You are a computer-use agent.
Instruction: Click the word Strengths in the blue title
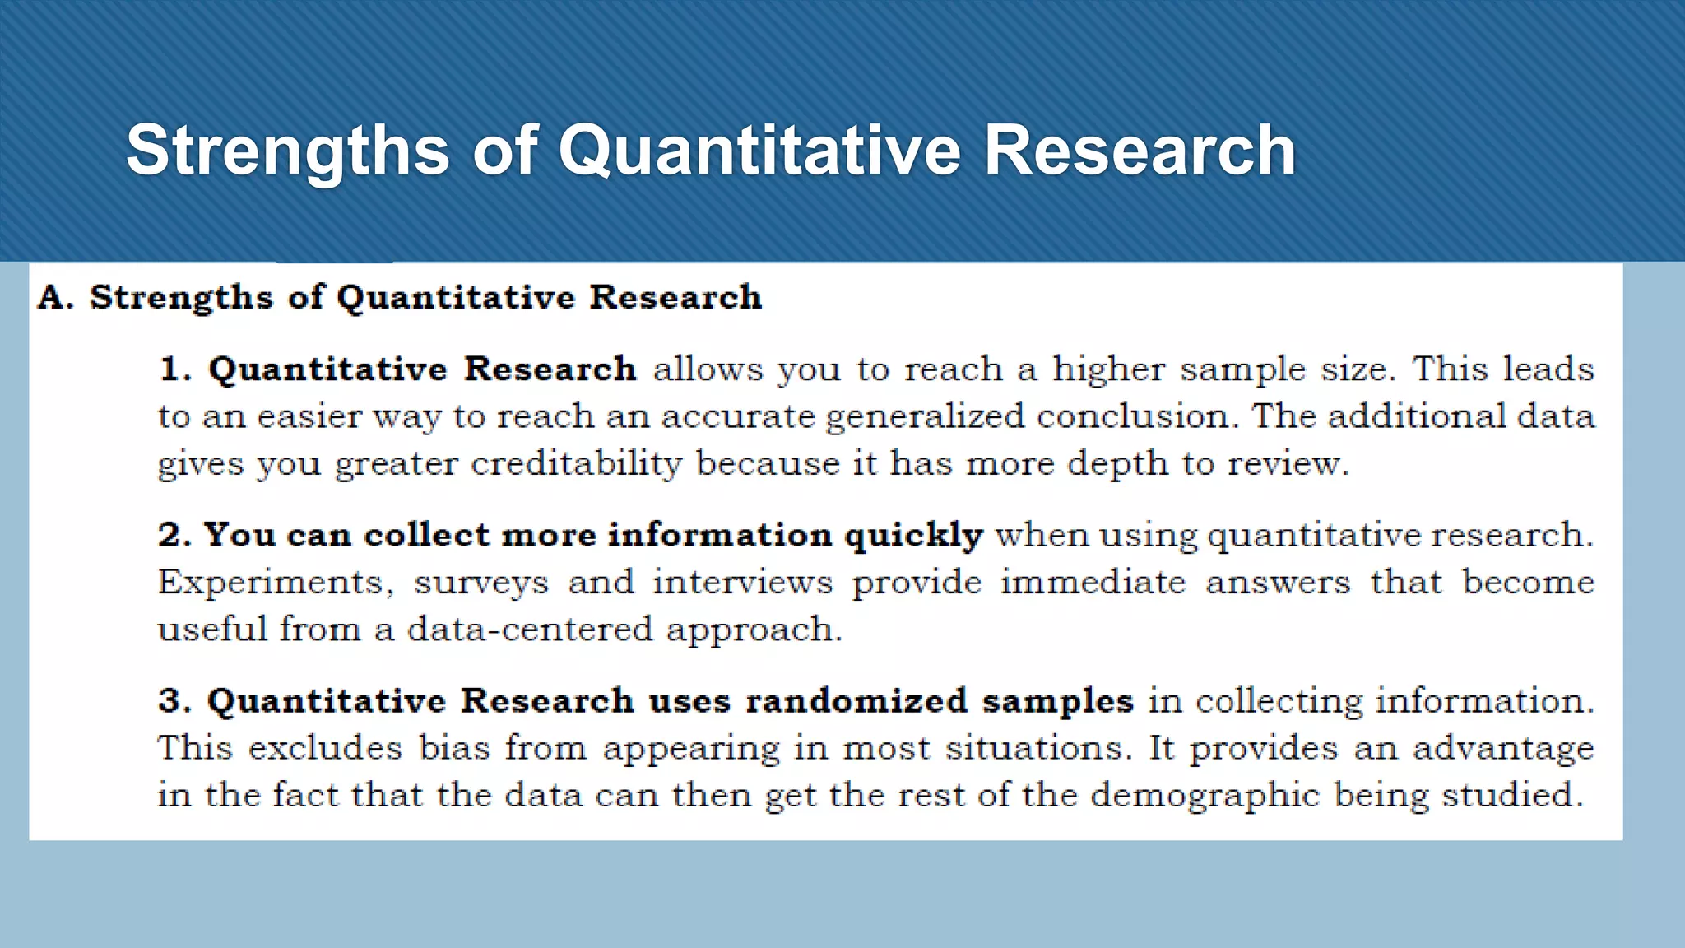tap(287, 151)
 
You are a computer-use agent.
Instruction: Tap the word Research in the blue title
tap(1140, 151)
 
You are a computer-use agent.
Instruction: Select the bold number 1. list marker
tap(174, 369)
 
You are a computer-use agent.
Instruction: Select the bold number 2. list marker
tap(174, 535)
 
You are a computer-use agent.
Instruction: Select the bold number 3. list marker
tap(174, 701)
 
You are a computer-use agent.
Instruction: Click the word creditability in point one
tap(576, 463)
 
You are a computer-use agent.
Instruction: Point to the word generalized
tap(925, 416)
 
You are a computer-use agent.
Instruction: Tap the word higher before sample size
tap(1108, 369)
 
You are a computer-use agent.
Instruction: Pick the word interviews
tap(742, 583)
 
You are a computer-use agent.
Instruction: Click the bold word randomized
tap(856, 701)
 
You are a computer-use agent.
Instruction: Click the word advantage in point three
tap(1503, 749)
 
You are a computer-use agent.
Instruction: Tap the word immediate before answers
tap(1093, 583)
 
